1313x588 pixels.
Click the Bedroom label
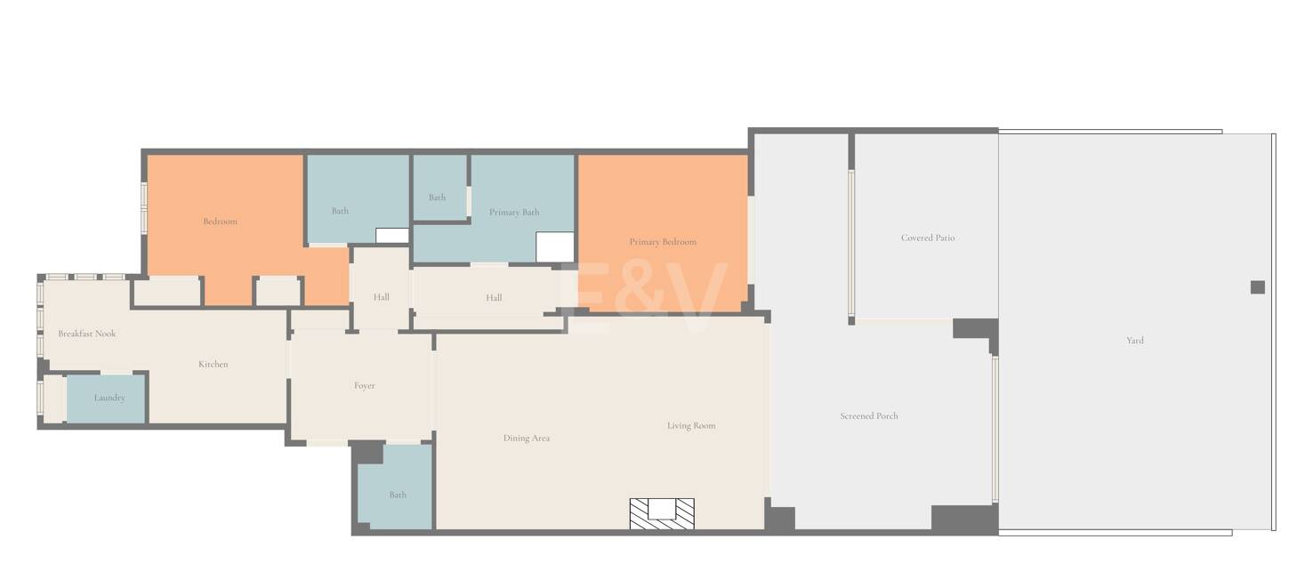pyautogui.click(x=221, y=222)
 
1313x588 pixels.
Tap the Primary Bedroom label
pyautogui.click(x=663, y=242)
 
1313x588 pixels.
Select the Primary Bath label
pyautogui.click(x=514, y=213)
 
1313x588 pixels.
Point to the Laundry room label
pyautogui.click(x=109, y=398)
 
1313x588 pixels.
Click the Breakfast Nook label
pyautogui.click(x=87, y=334)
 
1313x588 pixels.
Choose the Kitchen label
pyautogui.click(x=213, y=364)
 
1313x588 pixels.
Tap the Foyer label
pyautogui.click(x=364, y=386)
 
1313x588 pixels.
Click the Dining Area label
pyautogui.click(x=527, y=438)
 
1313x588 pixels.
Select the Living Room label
pyautogui.click(x=691, y=425)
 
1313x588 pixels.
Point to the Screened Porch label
pyautogui.click(x=869, y=415)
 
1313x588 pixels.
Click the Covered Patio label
pyautogui.click(x=928, y=238)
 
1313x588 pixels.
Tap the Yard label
pyautogui.click(x=1135, y=340)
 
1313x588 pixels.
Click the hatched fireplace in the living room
pyautogui.click(x=662, y=514)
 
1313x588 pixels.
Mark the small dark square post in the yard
pyautogui.click(x=1257, y=287)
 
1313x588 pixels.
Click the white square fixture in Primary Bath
pyautogui.click(x=554, y=247)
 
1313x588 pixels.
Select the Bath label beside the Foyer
pyautogui.click(x=398, y=495)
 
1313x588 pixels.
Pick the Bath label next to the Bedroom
pyautogui.click(x=340, y=211)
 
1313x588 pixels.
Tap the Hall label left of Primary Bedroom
pyautogui.click(x=494, y=298)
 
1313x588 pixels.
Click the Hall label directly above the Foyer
pyautogui.click(x=381, y=297)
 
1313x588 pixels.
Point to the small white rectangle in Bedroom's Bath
pyautogui.click(x=392, y=236)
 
